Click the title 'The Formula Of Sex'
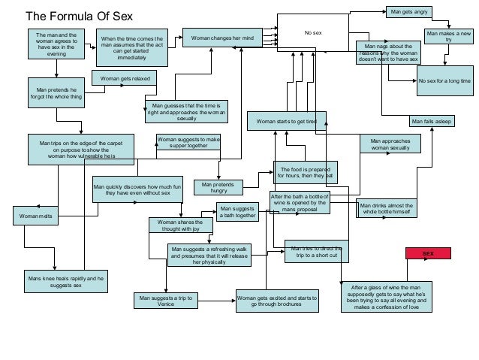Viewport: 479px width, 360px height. tap(79, 14)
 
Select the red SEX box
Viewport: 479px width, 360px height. tap(428, 254)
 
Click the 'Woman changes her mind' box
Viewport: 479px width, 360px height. tap(222, 37)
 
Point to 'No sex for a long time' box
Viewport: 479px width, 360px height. tap(444, 80)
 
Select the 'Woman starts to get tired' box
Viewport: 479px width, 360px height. tap(287, 120)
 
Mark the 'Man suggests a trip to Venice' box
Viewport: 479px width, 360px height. tap(166, 301)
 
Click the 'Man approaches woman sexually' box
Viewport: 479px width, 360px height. tap(390, 144)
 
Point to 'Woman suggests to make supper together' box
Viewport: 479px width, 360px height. tap(188, 142)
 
